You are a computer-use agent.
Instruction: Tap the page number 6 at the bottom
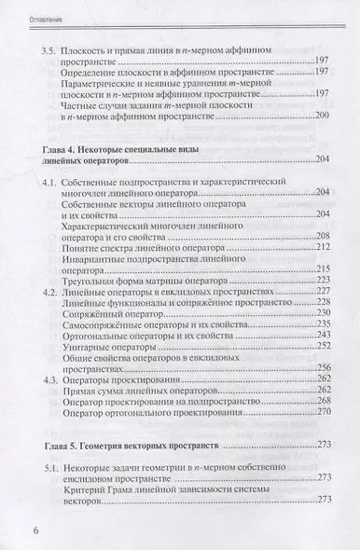pyautogui.click(x=25, y=532)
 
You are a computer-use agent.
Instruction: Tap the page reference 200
pyautogui.click(x=324, y=116)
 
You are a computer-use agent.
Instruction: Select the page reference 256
pyautogui.click(x=324, y=347)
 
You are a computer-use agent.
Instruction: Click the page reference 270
pyautogui.click(x=324, y=414)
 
